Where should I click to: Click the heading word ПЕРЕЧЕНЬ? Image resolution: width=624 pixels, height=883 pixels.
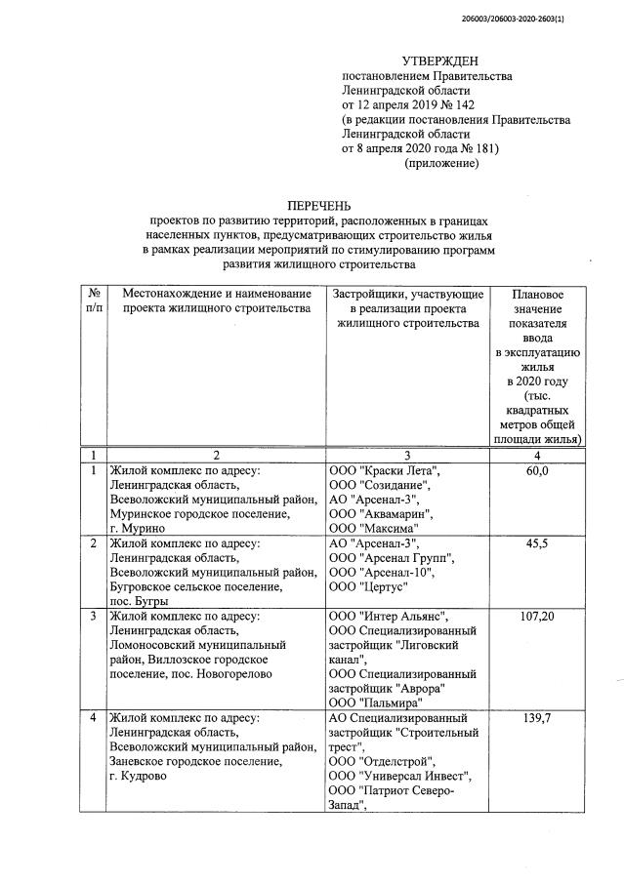pyautogui.click(x=317, y=207)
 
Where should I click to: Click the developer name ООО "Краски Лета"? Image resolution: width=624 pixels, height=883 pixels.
pyautogui.click(x=385, y=471)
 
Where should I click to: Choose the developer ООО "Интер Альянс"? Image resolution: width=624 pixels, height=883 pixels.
pyautogui.click(x=389, y=617)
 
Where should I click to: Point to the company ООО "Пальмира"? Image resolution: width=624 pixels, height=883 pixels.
pyautogui.click(x=376, y=702)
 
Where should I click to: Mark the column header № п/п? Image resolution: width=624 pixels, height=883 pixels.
pyautogui.click(x=93, y=301)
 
